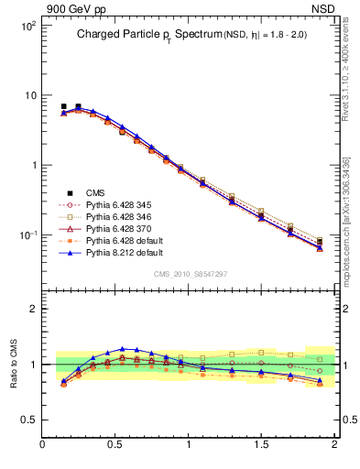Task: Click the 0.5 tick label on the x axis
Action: click(115, 445)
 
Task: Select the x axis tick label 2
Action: click(334, 445)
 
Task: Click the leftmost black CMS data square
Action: click(63, 107)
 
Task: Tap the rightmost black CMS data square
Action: click(320, 242)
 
